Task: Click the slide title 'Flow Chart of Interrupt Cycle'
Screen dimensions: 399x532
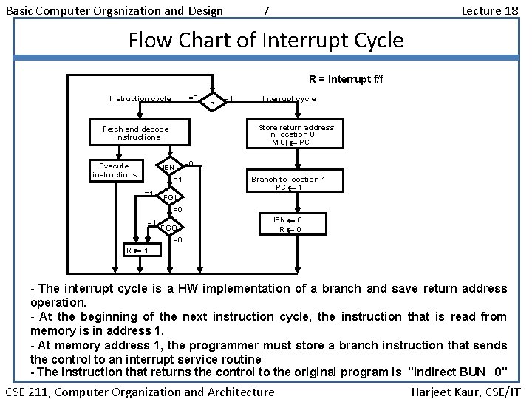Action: [266, 39]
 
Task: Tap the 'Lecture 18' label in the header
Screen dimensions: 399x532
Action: [489, 10]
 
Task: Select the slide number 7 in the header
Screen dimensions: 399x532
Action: [266, 10]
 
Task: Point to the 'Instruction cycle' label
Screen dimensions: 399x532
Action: [140, 98]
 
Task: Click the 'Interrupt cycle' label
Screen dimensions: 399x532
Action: [289, 98]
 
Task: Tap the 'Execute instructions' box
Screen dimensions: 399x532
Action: [114, 171]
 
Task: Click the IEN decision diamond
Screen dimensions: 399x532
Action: [169, 168]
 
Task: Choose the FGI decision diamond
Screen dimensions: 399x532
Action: [169, 198]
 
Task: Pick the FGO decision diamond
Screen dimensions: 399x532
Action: [168, 228]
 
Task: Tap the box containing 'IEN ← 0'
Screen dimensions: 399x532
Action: [288, 225]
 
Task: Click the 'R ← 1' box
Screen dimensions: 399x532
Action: [137, 250]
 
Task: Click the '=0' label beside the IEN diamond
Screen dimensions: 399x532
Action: [188, 163]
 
